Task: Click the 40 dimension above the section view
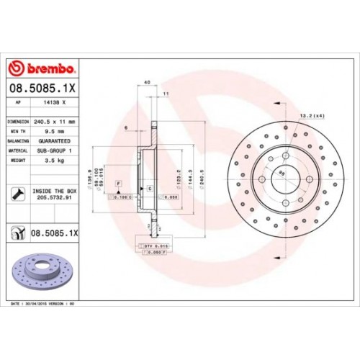[x=147, y=82]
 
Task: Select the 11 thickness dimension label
[x=166, y=94]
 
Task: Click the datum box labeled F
[x=118, y=186]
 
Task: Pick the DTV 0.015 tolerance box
[x=154, y=247]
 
